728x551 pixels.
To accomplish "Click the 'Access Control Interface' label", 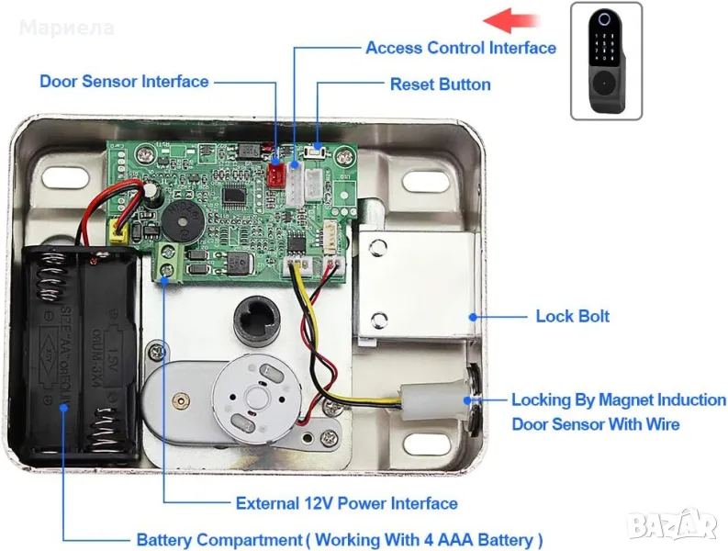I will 460,48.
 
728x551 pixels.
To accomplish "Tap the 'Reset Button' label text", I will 440,84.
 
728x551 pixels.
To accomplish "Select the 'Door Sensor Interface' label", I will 124,82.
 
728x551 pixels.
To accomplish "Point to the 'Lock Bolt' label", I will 572,316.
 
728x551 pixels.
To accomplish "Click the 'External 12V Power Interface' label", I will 346,503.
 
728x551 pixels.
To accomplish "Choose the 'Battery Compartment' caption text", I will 339,539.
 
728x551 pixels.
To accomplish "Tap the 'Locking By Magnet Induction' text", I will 618,400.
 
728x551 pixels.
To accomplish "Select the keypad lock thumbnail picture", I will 606,61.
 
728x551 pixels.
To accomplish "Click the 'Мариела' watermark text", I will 67,28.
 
